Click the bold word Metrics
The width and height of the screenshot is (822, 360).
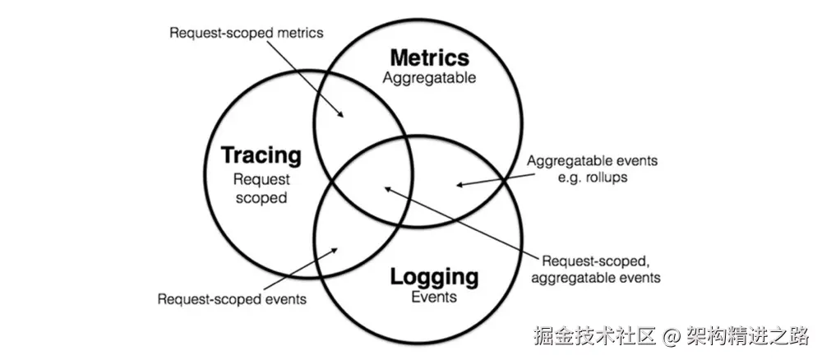click(429, 58)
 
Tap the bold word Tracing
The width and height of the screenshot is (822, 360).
click(261, 155)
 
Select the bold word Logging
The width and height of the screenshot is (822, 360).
click(434, 276)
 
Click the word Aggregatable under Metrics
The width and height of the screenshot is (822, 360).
click(429, 78)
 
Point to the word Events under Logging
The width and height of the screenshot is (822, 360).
click(434, 297)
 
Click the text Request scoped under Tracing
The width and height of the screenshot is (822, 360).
click(261, 187)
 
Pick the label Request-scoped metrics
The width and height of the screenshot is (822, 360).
click(246, 33)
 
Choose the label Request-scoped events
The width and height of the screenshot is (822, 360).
click(232, 299)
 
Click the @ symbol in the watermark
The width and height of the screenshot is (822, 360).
click(672, 336)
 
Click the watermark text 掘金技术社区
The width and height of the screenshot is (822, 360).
click(594, 336)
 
